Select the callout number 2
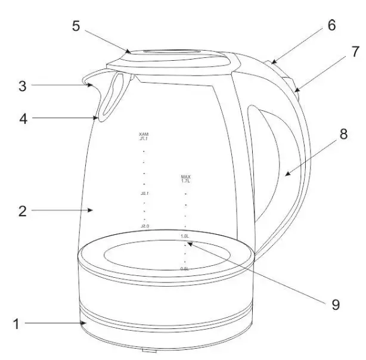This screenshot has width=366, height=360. click(21, 210)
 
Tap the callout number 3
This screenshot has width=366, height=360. click(23, 85)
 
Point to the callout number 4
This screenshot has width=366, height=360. click(23, 119)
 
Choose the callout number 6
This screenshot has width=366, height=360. click(331, 26)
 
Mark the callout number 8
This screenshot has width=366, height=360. click(344, 135)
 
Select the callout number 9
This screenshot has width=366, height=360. click(336, 305)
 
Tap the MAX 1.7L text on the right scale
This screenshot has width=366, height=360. click(185, 179)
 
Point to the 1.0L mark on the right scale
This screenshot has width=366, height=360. click(185, 236)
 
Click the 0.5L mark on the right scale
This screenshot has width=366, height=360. click(185, 269)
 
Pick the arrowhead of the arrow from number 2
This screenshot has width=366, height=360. click(92, 210)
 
